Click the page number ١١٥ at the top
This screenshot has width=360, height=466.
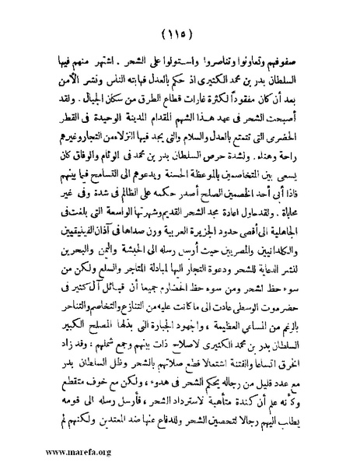coord(180,35)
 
